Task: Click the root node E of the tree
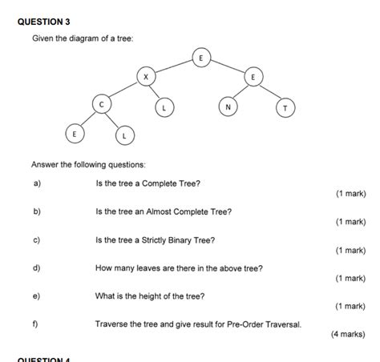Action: (201, 58)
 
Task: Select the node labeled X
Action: (145, 77)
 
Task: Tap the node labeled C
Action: (101, 105)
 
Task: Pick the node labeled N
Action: (228, 107)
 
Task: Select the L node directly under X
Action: (164, 107)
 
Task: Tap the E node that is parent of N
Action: (253, 77)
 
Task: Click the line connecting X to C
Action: (123, 90)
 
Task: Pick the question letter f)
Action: (36, 324)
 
